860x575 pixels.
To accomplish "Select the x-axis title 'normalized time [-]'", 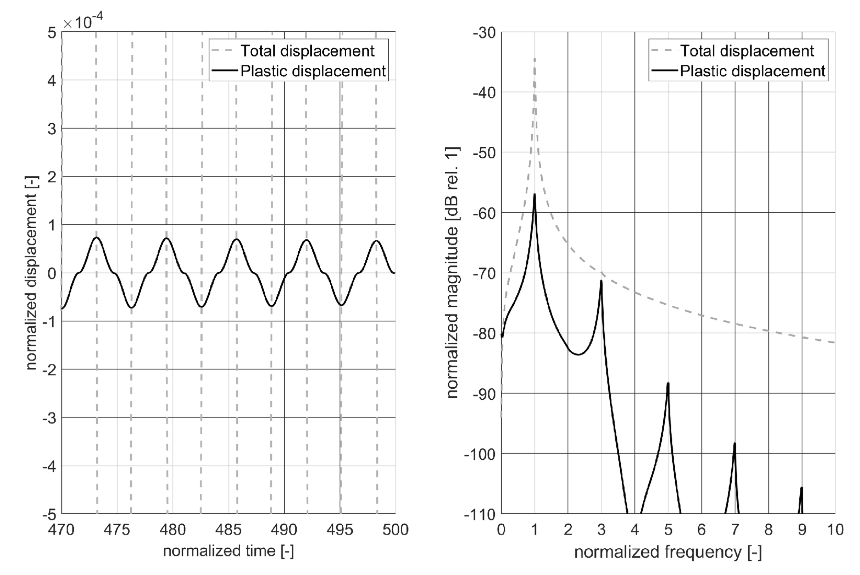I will (x=228, y=551).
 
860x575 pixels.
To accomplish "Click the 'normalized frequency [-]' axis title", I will (x=668, y=552).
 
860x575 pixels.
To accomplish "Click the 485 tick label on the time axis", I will (x=228, y=530).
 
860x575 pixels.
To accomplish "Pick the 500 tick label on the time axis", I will (x=395, y=530).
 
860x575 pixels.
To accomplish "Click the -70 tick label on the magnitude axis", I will (x=484, y=273).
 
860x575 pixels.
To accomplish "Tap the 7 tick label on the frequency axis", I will (x=735, y=530).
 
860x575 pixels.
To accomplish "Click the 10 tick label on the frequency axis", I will (x=835, y=530).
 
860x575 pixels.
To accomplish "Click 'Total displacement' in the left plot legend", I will (x=307, y=51).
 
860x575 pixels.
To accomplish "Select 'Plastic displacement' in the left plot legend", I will (x=313, y=71).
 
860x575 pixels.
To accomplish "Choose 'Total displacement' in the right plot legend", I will (x=747, y=51).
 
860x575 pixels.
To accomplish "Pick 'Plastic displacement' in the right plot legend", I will (x=753, y=71).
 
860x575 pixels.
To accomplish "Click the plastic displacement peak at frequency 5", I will (x=668, y=384).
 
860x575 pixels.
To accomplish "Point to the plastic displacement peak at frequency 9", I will (x=802, y=488).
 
